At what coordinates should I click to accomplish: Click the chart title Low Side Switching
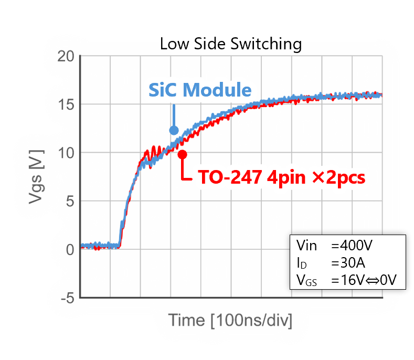(x=231, y=44)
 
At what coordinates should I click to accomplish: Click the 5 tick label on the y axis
(x=69, y=201)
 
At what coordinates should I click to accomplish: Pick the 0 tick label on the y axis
(x=69, y=250)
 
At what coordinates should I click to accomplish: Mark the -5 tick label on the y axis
(x=67, y=298)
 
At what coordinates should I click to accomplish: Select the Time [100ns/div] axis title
(x=230, y=320)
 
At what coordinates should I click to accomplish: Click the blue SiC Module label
(x=200, y=90)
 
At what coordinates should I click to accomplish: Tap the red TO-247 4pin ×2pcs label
(x=281, y=177)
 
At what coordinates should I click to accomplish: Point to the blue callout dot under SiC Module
(x=174, y=130)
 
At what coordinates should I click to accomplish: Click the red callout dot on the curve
(x=182, y=154)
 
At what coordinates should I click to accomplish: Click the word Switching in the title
(x=267, y=44)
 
